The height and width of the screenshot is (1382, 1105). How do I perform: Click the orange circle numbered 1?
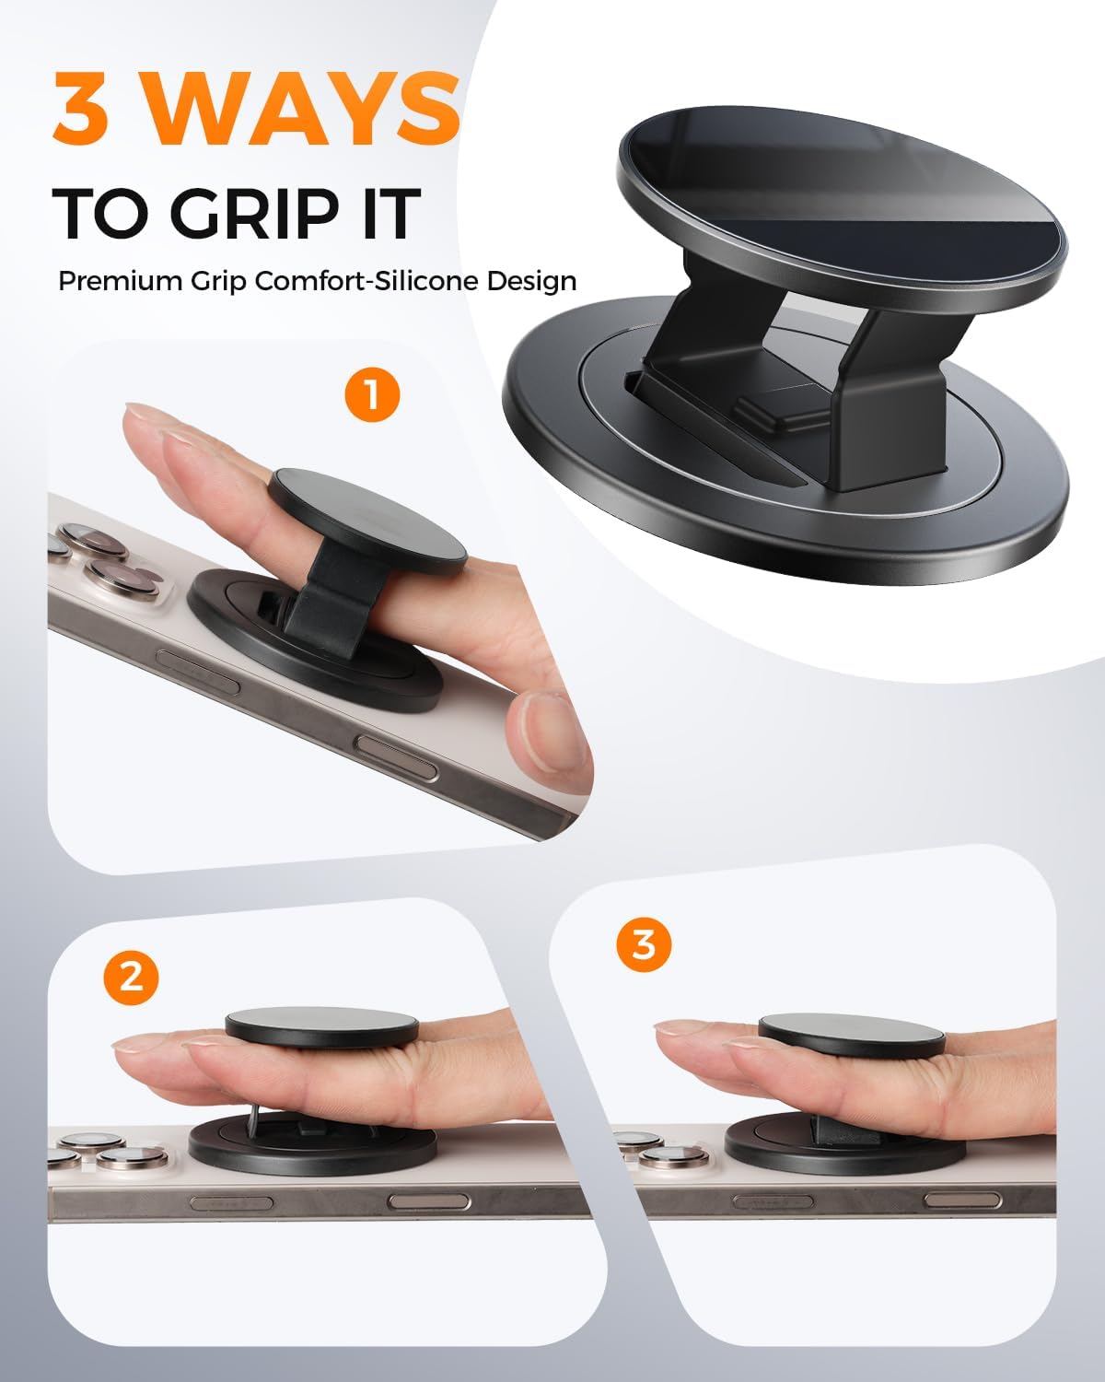tap(372, 395)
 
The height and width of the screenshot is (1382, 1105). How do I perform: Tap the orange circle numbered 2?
tap(132, 976)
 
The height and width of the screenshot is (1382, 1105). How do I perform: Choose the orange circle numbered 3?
tap(645, 944)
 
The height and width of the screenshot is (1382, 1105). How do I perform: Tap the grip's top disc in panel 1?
tap(367, 517)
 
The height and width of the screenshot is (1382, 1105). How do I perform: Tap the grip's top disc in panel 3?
tap(852, 1035)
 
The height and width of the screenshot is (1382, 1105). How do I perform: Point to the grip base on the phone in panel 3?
tap(829, 1142)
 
